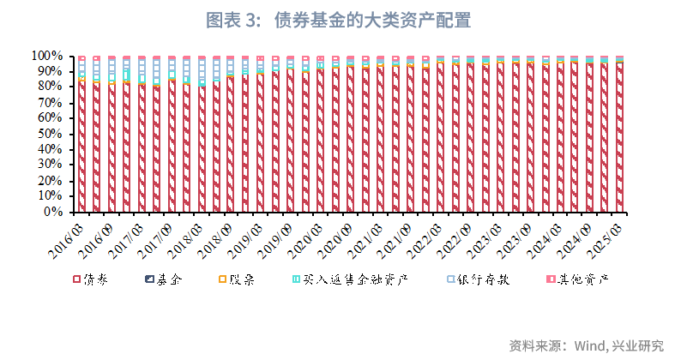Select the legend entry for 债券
94,279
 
